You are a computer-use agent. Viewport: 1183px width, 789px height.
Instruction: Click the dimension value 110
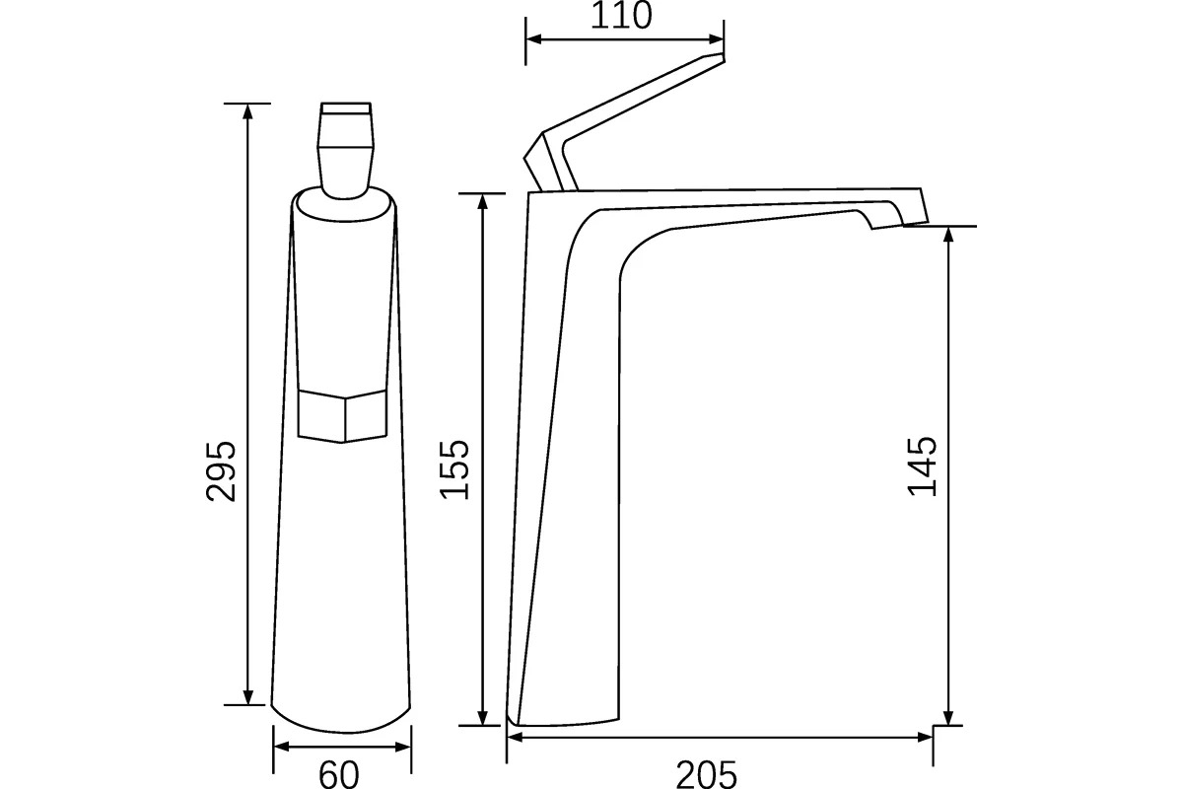pyautogui.click(x=621, y=16)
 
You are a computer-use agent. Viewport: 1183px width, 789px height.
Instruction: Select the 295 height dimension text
pyautogui.click(x=221, y=470)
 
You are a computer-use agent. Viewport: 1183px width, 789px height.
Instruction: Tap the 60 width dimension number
pyautogui.click(x=338, y=774)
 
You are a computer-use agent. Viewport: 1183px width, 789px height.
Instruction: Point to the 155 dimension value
pyautogui.click(x=454, y=468)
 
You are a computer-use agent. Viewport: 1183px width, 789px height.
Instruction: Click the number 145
pyautogui.click(x=922, y=466)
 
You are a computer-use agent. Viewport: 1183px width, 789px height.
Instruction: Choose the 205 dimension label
pyautogui.click(x=706, y=774)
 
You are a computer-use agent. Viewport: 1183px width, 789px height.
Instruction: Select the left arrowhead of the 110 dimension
pyautogui.click(x=534, y=39)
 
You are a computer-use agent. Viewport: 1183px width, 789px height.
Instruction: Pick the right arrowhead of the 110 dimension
pyautogui.click(x=715, y=39)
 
